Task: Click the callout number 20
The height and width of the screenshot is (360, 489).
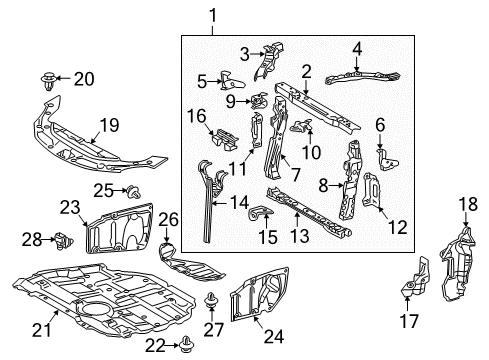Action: coord(83,77)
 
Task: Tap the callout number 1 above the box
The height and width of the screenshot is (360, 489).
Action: coord(211,15)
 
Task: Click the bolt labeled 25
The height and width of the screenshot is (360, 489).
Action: coord(132,191)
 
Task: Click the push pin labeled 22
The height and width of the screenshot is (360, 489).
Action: coord(184,348)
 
